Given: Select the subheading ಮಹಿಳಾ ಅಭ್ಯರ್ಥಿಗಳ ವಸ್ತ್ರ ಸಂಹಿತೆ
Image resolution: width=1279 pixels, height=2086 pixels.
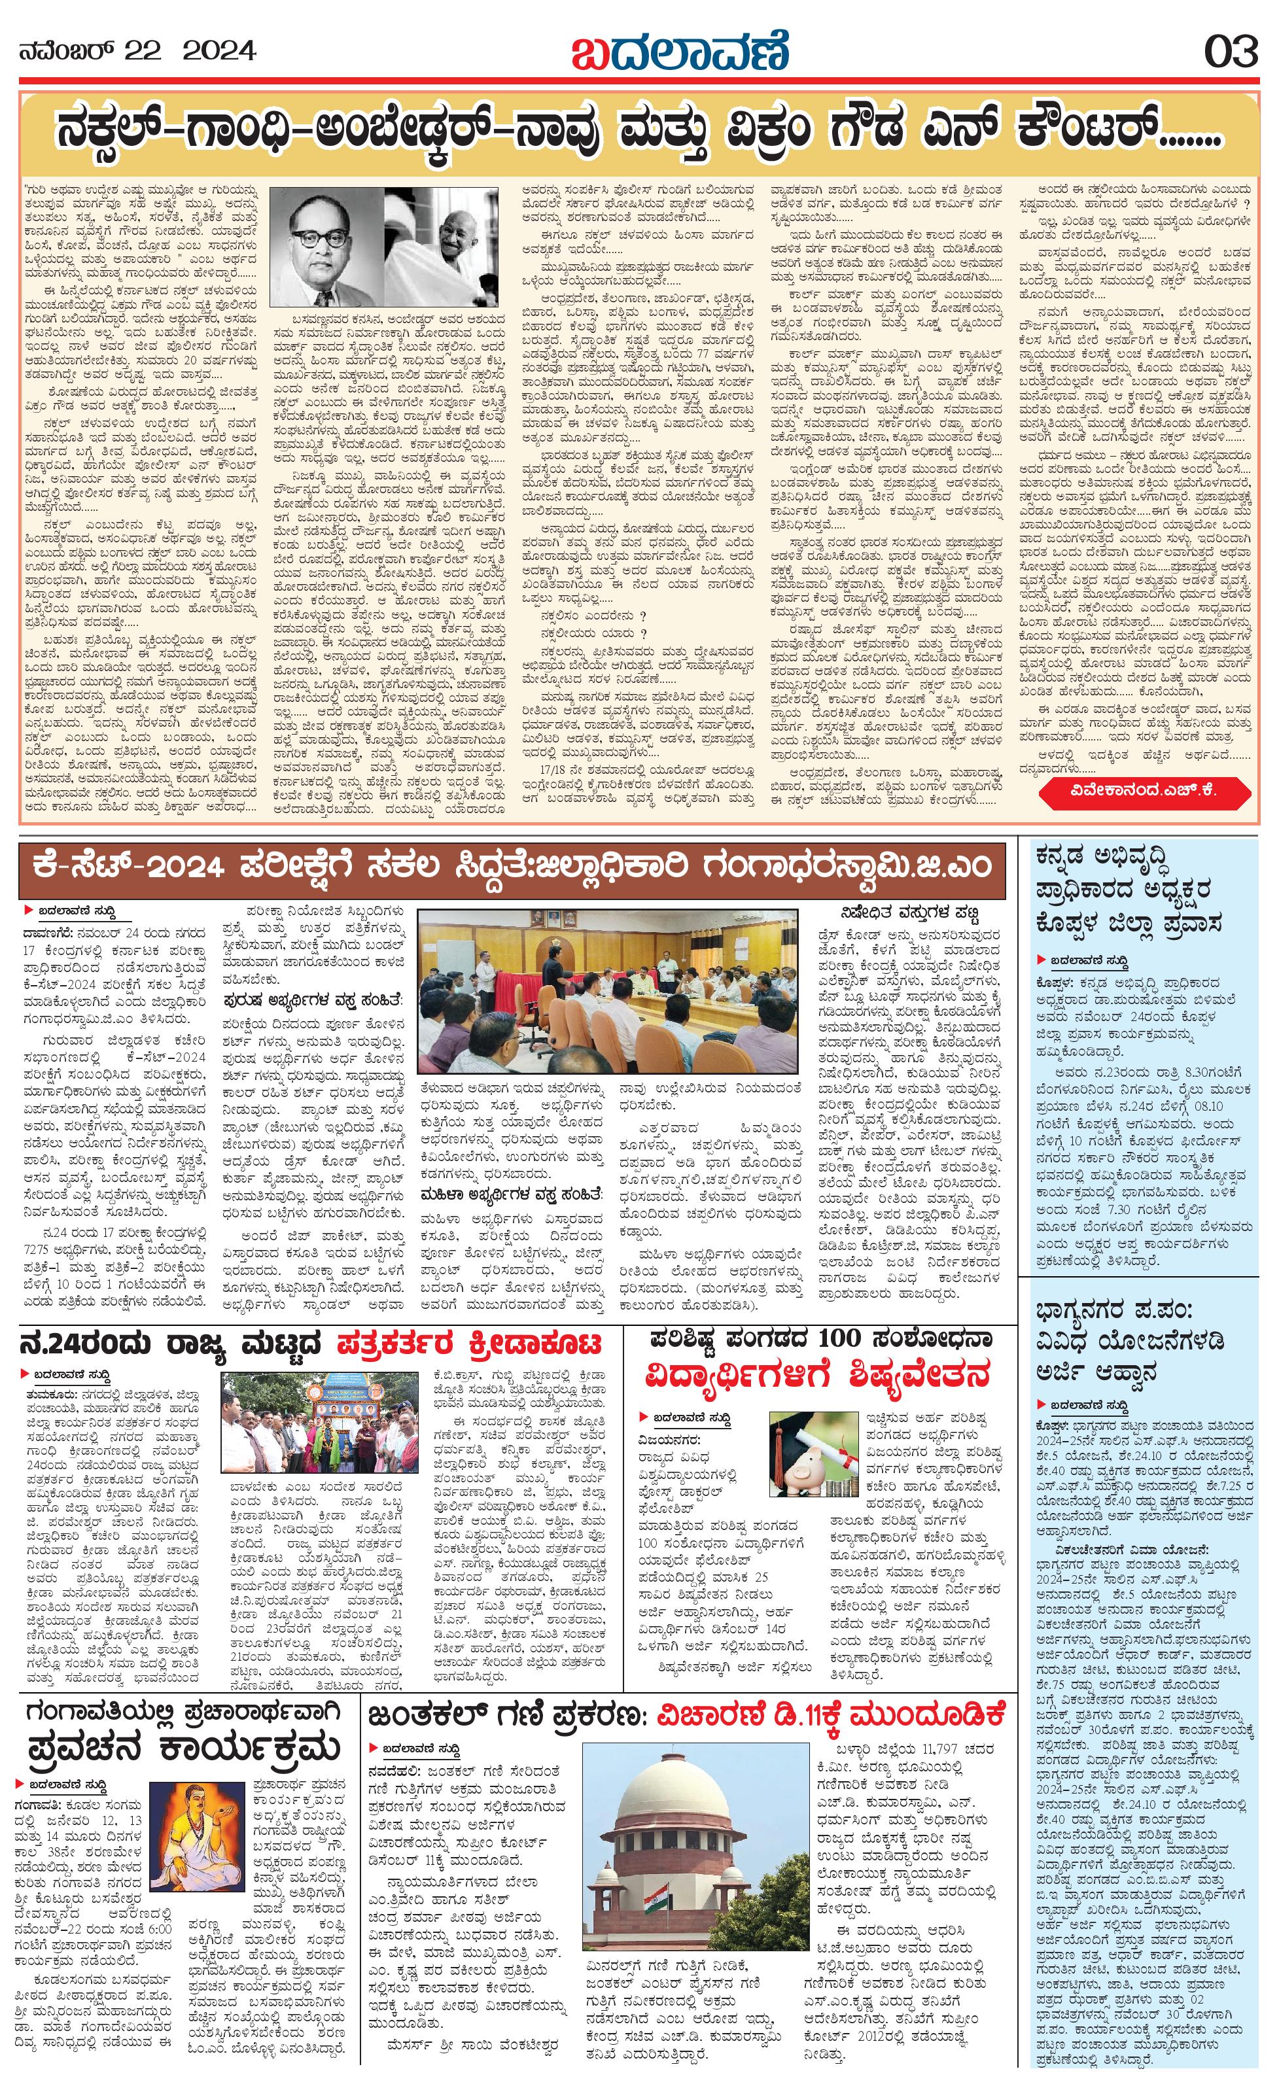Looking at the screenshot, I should pos(513,1195).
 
